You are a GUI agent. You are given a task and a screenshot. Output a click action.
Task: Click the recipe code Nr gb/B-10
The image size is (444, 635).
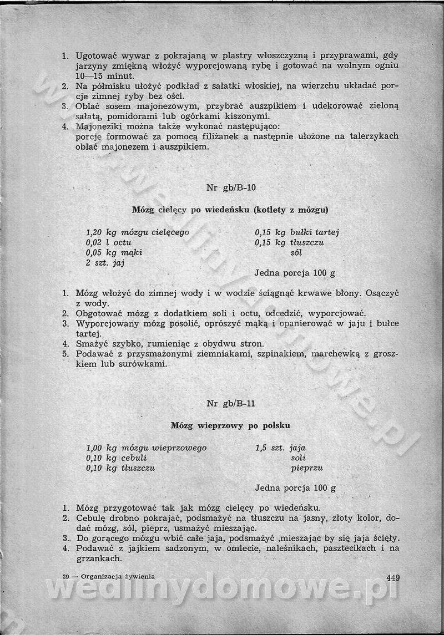click(x=231, y=187)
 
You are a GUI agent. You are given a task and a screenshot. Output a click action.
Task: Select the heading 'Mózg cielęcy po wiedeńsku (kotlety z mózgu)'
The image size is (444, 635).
click(x=230, y=210)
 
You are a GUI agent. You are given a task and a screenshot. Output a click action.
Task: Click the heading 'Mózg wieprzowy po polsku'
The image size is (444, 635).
click(x=230, y=426)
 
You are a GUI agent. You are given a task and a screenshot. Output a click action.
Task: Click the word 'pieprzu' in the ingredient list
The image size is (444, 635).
click(x=306, y=468)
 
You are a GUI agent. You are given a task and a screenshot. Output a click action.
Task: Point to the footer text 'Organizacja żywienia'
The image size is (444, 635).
click(x=117, y=577)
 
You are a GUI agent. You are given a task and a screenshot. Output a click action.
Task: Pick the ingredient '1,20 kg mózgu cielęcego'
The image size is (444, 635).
click(x=138, y=232)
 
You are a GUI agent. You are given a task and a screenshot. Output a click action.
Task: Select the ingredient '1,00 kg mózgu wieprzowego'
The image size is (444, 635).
click(x=147, y=448)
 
